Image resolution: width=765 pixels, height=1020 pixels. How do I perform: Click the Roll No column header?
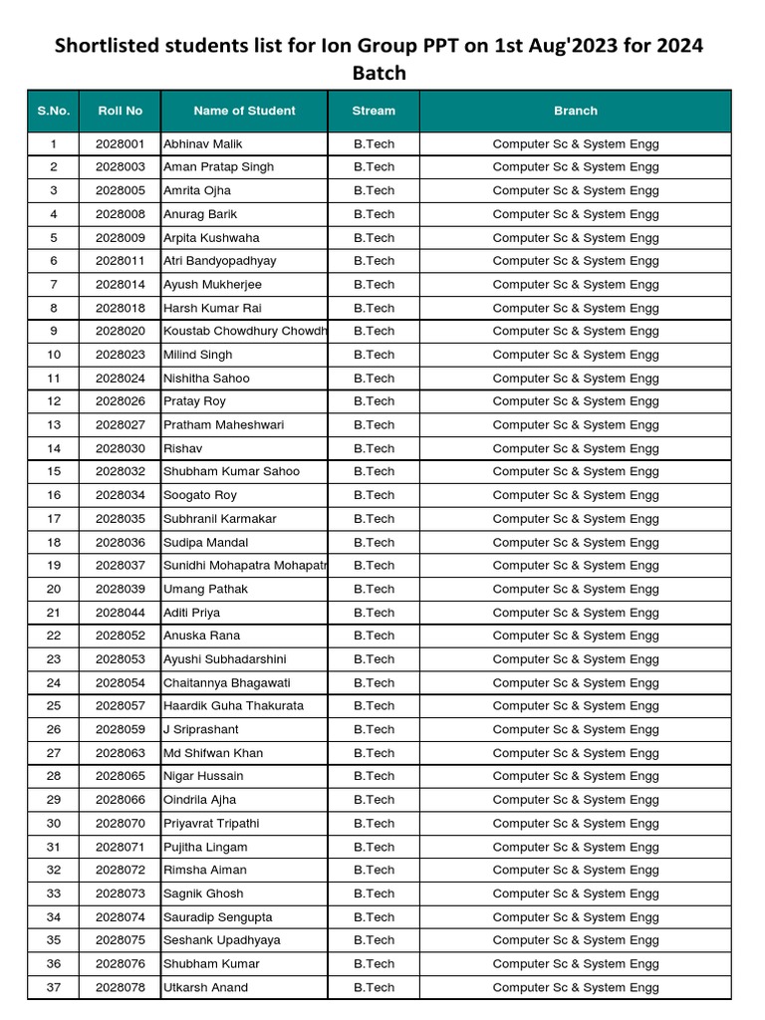point(121,111)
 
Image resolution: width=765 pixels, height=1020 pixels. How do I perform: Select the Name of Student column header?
point(244,111)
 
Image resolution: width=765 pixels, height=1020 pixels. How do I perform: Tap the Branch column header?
point(576,111)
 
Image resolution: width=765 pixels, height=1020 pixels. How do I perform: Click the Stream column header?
point(374,111)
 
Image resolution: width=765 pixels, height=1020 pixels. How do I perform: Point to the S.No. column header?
point(54,111)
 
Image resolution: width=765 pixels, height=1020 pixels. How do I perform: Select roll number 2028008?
point(121,214)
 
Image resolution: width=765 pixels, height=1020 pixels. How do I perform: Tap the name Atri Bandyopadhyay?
point(220,261)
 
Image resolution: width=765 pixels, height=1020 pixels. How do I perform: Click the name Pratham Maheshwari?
point(223,424)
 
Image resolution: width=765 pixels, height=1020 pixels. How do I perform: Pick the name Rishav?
point(182,448)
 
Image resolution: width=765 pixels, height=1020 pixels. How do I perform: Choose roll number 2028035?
point(121,519)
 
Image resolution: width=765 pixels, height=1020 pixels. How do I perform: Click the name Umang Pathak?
point(205,589)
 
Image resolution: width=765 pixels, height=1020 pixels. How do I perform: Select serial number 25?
point(54,706)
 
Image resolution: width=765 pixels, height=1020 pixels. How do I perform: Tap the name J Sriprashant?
point(201,729)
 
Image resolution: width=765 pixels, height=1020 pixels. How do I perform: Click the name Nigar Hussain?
point(203,776)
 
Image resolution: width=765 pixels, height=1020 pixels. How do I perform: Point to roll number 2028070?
point(121,824)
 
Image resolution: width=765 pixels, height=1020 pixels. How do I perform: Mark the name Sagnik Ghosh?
point(203,893)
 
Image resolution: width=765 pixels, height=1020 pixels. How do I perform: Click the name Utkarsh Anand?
point(205,987)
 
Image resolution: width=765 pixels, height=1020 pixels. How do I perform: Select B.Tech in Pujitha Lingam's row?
point(374,847)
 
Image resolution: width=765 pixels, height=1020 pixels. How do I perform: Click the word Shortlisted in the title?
point(109,47)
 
